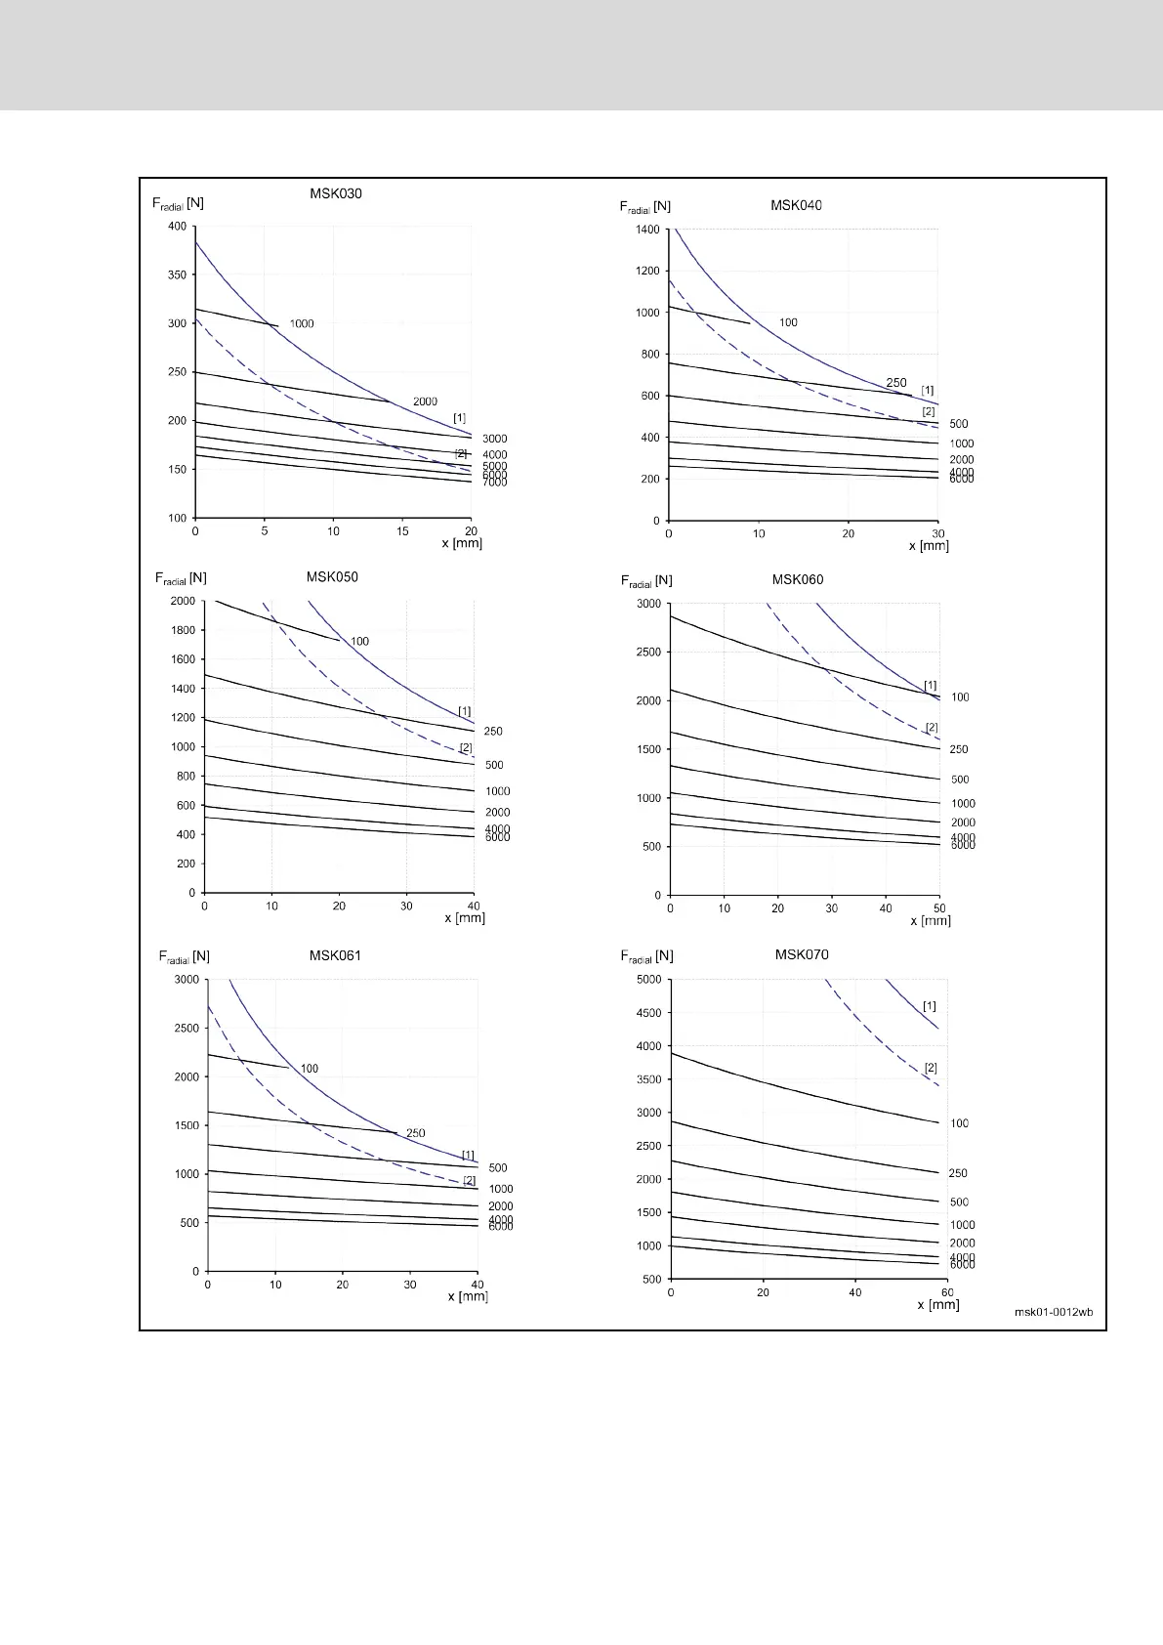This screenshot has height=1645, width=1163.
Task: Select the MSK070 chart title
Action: [x=802, y=954]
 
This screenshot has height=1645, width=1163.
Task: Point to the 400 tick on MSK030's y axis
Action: [x=177, y=227]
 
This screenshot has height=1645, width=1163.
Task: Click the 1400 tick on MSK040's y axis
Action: [x=646, y=230]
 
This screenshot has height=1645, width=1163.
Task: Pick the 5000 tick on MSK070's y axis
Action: [x=647, y=980]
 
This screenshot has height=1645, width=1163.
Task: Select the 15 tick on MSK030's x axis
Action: [x=402, y=531]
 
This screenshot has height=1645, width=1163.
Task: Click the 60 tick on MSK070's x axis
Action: [x=946, y=1292]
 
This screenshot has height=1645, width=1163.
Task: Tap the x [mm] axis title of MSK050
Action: [x=465, y=918]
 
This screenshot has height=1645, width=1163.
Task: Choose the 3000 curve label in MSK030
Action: [x=494, y=440]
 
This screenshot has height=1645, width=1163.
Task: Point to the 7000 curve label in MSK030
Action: [x=494, y=483]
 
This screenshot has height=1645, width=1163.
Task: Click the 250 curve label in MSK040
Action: [x=895, y=383]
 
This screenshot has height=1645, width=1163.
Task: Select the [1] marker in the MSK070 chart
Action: [x=929, y=1006]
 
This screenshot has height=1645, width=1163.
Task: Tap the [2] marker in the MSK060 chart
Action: [x=931, y=728]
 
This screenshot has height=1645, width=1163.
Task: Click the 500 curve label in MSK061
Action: [x=498, y=1168]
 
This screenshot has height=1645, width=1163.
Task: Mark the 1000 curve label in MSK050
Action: [x=497, y=791]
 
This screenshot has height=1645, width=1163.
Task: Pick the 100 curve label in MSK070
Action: [x=959, y=1123]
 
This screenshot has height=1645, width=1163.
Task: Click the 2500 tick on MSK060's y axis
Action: [x=647, y=652]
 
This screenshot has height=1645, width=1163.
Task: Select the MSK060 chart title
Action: [x=798, y=579]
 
